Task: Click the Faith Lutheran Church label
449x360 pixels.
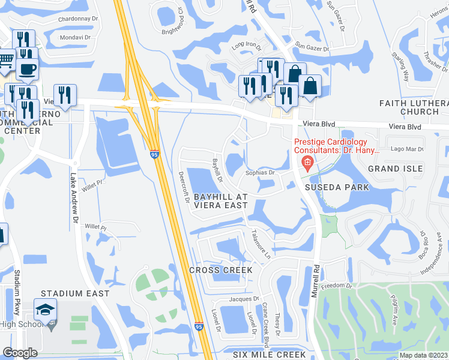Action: click(414, 107)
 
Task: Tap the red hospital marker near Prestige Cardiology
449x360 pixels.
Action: click(307, 162)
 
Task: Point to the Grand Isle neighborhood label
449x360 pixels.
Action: click(392, 169)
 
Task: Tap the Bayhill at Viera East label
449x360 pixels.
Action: click(220, 201)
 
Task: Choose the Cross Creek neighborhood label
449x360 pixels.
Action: click(221, 270)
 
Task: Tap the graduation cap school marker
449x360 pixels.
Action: click(45, 310)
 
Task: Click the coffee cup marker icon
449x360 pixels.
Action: click(26, 68)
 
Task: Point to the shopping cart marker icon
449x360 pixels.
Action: click(5, 60)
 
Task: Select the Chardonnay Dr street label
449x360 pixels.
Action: click(78, 19)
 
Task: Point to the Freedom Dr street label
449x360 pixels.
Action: click(336, 286)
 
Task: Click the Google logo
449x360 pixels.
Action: click(20, 353)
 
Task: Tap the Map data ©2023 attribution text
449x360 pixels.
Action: click(423, 355)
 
